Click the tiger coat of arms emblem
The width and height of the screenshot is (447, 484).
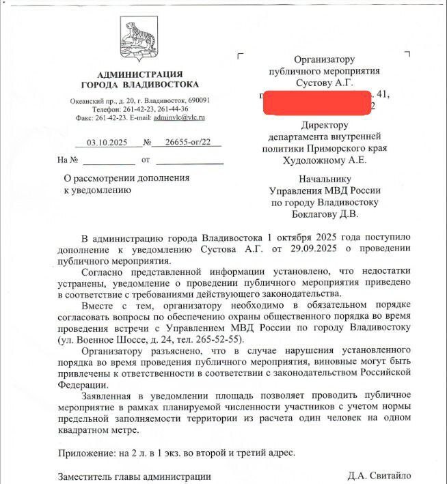139,39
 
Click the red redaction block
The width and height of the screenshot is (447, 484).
314,102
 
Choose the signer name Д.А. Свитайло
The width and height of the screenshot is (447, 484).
379,476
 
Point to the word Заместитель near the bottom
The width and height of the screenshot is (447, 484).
85,476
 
